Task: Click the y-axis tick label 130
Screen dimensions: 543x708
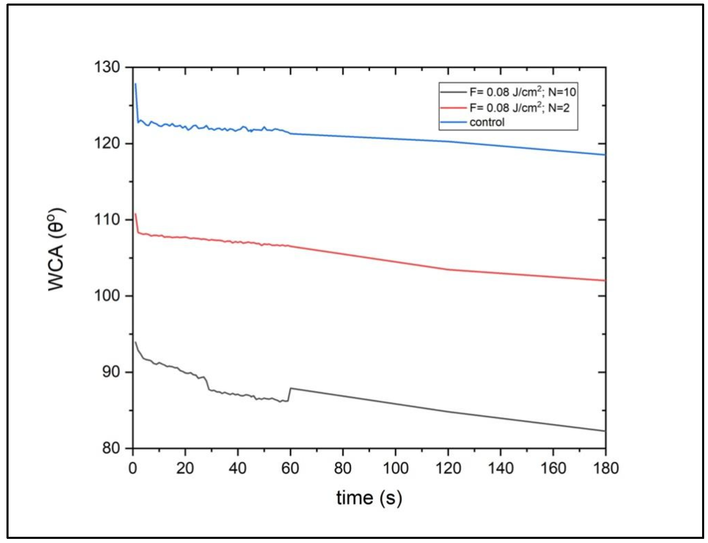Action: [x=106, y=67]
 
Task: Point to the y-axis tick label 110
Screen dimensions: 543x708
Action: [x=106, y=220]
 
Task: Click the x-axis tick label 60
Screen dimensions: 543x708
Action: [x=290, y=468]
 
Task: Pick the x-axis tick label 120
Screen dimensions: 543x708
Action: [x=448, y=468]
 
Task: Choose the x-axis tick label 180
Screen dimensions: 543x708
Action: [x=605, y=468]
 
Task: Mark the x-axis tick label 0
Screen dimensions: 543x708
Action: [x=133, y=468]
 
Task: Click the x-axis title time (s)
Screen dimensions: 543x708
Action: [x=369, y=498]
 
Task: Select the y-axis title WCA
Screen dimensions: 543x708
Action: [x=57, y=249]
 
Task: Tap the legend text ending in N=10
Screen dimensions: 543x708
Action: [x=522, y=92]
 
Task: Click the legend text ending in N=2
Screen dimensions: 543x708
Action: [x=519, y=108]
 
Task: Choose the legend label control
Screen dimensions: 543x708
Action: [x=487, y=122]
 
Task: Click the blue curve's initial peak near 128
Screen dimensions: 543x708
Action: [x=135, y=84]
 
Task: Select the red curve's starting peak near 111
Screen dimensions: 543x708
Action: [x=135, y=214]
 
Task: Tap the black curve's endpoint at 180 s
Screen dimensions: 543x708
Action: [x=604, y=431]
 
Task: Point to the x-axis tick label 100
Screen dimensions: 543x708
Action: [x=395, y=468]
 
